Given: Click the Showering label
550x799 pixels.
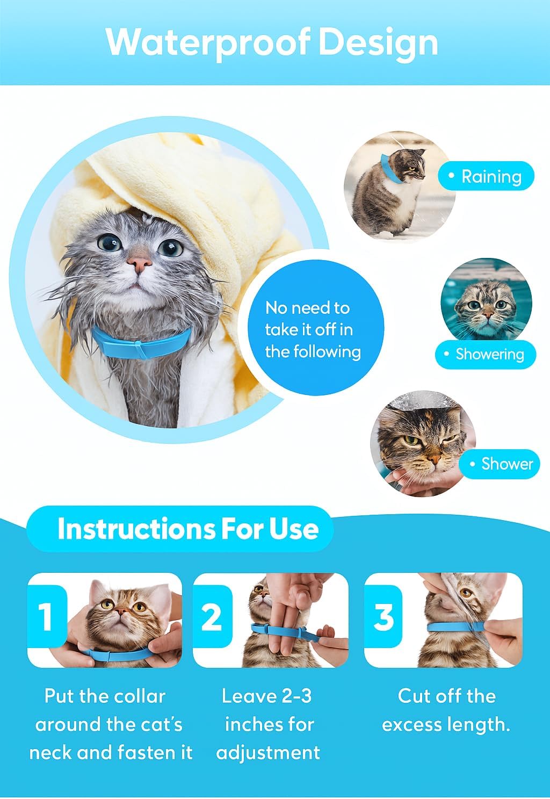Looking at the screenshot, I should coord(486,354).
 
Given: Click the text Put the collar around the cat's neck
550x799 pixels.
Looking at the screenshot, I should coord(110,724).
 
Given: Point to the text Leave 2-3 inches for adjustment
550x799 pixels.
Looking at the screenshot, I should coord(268,724).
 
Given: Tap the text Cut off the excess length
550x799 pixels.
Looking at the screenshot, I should coord(446,710).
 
